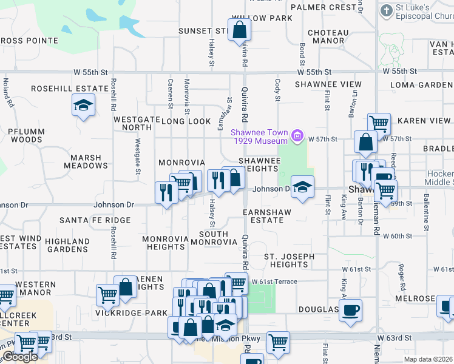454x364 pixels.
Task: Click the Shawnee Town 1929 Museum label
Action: (259, 136)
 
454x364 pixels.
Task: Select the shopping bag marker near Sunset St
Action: (240, 29)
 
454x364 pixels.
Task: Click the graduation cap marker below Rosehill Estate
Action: (83, 105)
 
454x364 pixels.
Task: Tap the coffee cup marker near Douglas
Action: (350, 311)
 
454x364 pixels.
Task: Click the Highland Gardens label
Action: (67, 245)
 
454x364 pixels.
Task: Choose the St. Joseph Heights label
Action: (289, 260)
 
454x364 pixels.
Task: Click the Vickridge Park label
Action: (131, 313)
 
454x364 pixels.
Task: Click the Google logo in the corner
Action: (20, 357)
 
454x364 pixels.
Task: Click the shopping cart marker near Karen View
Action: (379, 123)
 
